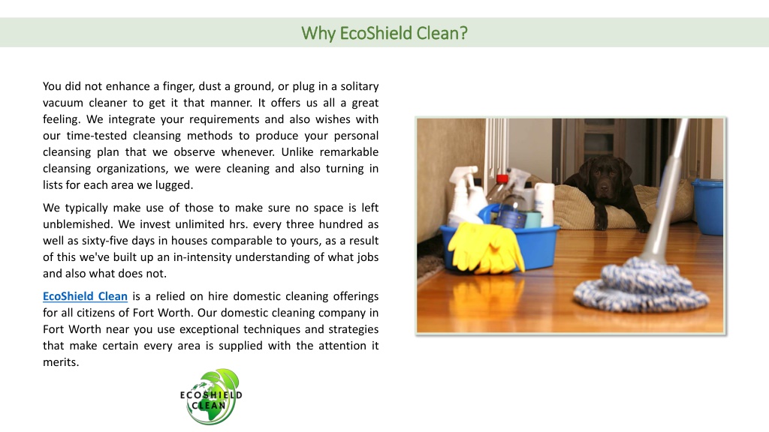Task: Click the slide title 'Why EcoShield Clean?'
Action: tap(384, 33)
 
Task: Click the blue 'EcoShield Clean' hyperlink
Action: tap(85, 296)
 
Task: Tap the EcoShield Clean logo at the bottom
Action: tap(211, 397)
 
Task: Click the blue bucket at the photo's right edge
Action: tap(708, 207)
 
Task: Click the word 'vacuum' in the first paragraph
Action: tap(62, 103)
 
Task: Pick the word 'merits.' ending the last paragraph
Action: tap(61, 362)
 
